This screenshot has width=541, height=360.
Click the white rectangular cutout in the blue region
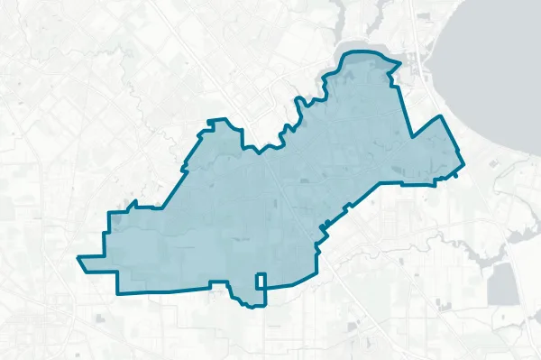click(261, 282)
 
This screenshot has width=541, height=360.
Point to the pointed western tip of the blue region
click(79, 258)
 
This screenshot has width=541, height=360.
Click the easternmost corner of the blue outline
click(463, 165)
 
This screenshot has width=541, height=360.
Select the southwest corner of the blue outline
click(117, 293)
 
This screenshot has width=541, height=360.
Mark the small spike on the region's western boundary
click(133, 202)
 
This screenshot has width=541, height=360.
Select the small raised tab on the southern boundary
click(217, 283)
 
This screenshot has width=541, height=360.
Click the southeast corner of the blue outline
click(318, 274)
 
